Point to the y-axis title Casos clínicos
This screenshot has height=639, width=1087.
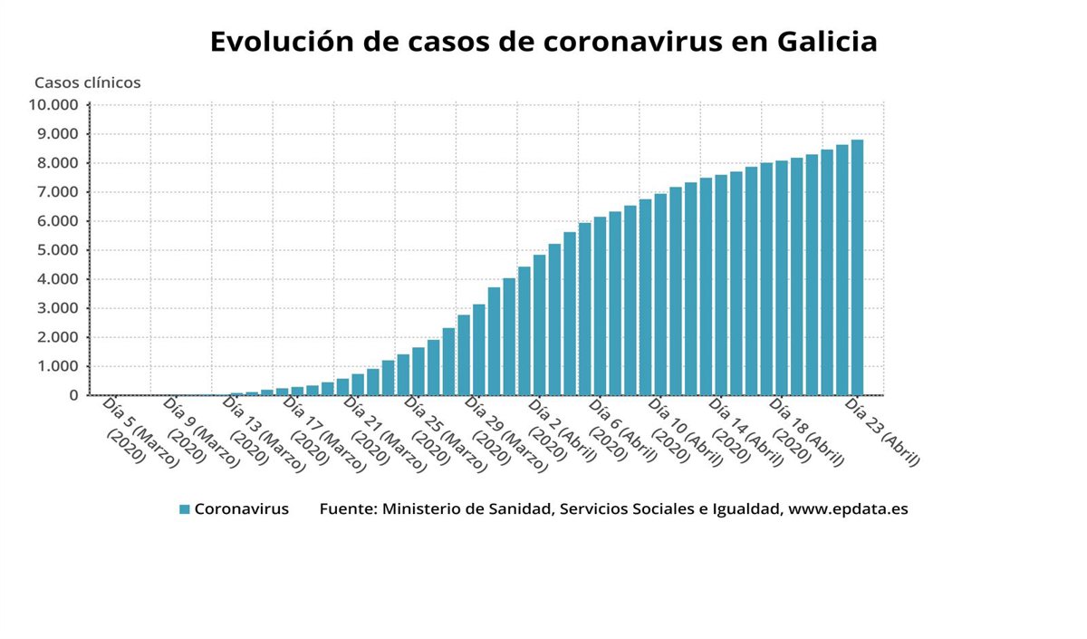pyautogui.click(x=88, y=82)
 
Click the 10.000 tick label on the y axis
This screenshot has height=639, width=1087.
pyautogui.click(x=53, y=104)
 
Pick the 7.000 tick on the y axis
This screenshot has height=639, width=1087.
pyautogui.click(x=57, y=192)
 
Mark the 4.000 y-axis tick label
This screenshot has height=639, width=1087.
pyautogui.click(x=57, y=279)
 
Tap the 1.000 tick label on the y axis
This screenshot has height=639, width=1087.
pyautogui.click(x=57, y=366)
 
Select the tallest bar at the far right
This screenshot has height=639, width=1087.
pyautogui.click(x=857, y=267)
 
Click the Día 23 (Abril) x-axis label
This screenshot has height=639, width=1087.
pyautogui.click(x=882, y=431)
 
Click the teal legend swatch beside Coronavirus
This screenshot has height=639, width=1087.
pyautogui.click(x=185, y=509)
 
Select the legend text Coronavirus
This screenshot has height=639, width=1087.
pyautogui.click(x=242, y=509)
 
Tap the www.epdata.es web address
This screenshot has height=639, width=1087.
pyautogui.click(x=848, y=509)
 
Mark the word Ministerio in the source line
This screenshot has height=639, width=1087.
pyautogui.click(x=421, y=509)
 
